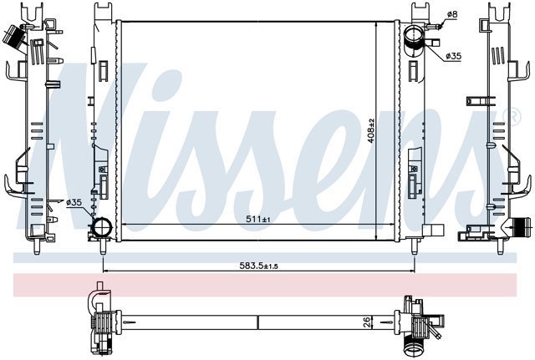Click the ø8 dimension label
pyautogui.click(x=452, y=14)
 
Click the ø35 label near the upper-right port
pyautogui.click(x=453, y=56)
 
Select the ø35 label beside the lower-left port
pyautogui.click(x=74, y=202)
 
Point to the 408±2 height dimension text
pyautogui.click(x=371, y=130)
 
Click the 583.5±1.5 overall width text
pyautogui.click(x=258, y=266)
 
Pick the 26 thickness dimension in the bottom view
pyautogui.click(x=366, y=322)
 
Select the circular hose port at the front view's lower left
pyautogui.click(x=102, y=227)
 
